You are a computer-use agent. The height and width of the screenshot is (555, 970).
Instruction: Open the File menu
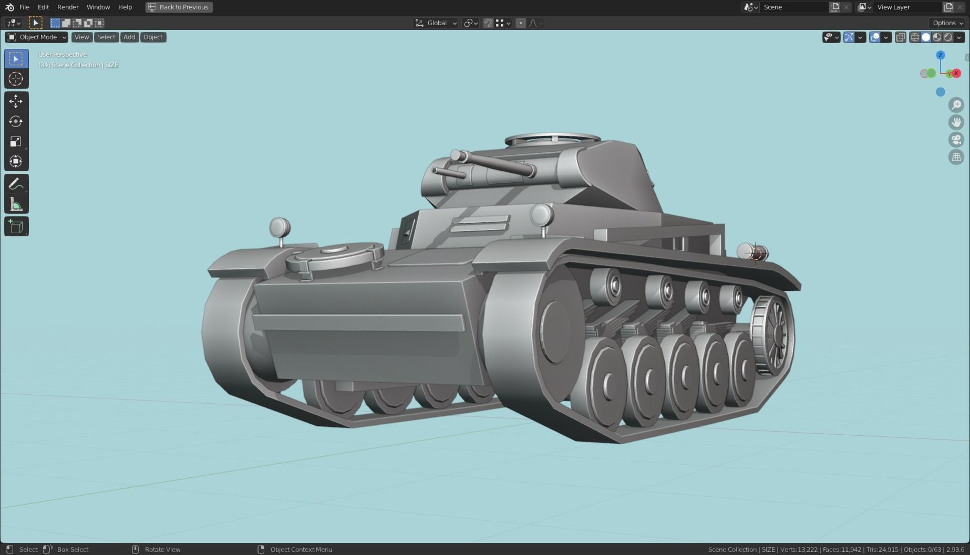point(24,7)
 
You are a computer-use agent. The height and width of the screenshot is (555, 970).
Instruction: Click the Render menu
point(68,7)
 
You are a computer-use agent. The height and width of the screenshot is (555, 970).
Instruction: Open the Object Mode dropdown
point(37,37)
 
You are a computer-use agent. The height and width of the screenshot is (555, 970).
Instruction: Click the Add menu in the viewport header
point(129,37)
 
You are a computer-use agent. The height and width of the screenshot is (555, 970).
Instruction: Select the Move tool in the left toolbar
point(16,101)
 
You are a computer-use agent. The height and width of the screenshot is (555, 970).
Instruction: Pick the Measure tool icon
point(16,204)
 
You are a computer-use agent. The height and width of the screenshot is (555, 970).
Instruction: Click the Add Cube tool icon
point(16,226)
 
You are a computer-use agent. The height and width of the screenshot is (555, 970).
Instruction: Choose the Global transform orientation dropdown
point(436,23)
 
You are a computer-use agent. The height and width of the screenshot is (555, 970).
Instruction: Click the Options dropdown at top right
point(947,23)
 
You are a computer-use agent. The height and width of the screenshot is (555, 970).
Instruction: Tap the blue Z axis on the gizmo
point(941,55)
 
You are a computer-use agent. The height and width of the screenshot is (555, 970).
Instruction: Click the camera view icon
point(956,140)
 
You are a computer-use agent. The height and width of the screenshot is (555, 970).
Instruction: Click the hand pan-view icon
point(956,122)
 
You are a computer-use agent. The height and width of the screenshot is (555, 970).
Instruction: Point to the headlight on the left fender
point(280,228)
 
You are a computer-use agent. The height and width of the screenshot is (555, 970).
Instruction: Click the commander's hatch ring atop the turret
point(552,140)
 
